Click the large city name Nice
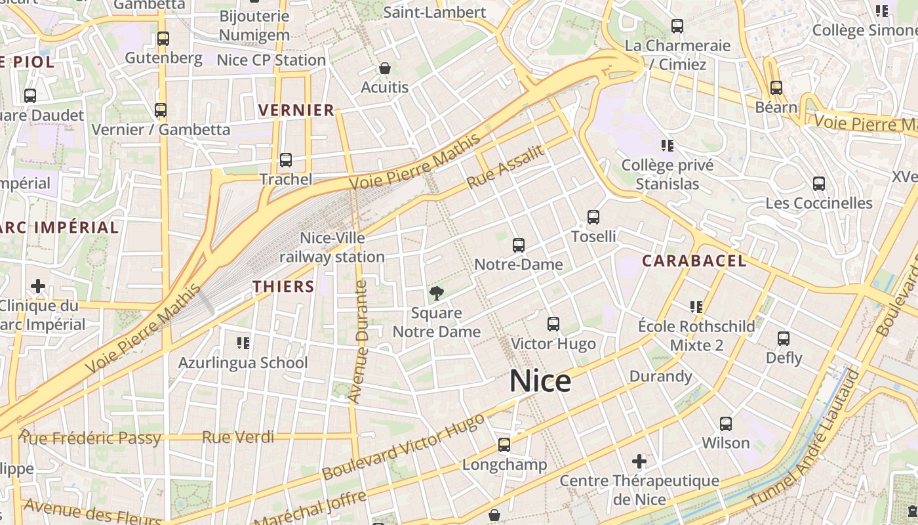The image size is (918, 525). coord(540,381)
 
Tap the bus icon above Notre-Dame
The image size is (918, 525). coord(519,245)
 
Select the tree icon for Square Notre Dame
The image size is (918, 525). coord(435,293)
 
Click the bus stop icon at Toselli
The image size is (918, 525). coord(593,217)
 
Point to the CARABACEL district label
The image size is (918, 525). coord(694,261)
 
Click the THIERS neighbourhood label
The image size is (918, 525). coord(283,287)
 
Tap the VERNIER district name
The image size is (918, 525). coord(296,110)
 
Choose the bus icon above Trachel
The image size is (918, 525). coord(286,160)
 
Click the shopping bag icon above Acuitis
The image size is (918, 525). coord(385,68)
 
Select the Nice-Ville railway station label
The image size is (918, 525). coord(332,247)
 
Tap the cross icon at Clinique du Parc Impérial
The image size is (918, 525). coord(38,286)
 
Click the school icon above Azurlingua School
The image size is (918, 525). coord(243,343)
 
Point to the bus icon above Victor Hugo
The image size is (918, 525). coord(553,324)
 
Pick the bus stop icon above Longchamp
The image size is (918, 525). coord(504,445)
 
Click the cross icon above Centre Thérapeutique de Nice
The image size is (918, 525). coord(639,461)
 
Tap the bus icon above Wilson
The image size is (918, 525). coord(726,424)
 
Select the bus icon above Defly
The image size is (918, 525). coord(784,339)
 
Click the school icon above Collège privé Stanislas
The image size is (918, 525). coord(668,146)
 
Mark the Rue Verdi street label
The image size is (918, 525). coord(238,437)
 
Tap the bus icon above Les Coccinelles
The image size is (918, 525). coord(819,184)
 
